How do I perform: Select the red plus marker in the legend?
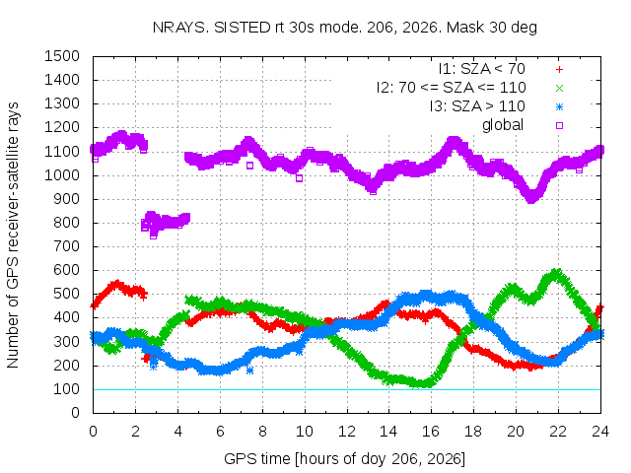pyautogui.click(x=559, y=70)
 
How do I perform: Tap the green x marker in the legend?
pyautogui.click(x=559, y=88)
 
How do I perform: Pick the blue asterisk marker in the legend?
pyautogui.click(x=559, y=107)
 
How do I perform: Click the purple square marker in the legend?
pyautogui.click(x=559, y=125)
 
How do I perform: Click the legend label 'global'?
pyautogui.click(x=503, y=125)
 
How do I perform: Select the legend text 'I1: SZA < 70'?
pyautogui.click(x=482, y=69)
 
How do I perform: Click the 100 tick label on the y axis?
pyautogui.click(x=66, y=389)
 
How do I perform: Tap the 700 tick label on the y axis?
pyautogui.click(x=66, y=246)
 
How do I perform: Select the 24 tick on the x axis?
pyautogui.click(x=600, y=432)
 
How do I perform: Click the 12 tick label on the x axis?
pyautogui.click(x=346, y=432)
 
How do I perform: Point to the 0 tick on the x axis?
pyautogui.click(x=93, y=432)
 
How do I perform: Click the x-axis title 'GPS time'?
pyautogui.click(x=257, y=459)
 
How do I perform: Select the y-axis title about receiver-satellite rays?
pyautogui.click(x=13, y=235)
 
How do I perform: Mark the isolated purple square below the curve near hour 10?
pyautogui.click(x=299, y=178)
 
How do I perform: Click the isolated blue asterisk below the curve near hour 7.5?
pyautogui.click(x=249, y=371)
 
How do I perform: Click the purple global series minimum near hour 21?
pyautogui.click(x=531, y=198)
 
